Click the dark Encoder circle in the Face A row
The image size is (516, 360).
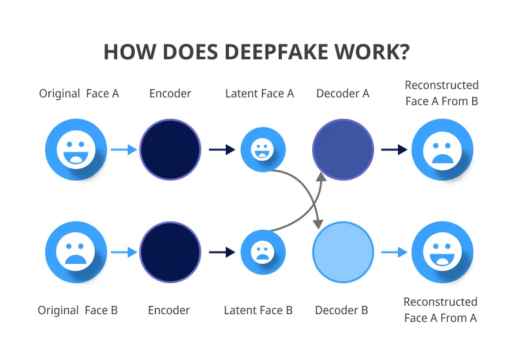pyautogui.click(x=170, y=150)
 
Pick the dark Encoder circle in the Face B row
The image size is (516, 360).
pyautogui.click(x=170, y=252)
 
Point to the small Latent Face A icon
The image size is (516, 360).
pyautogui.click(x=263, y=150)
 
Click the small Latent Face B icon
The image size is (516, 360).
pyautogui.click(x=263, y=252)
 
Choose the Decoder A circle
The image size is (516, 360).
pyautogui.click(x=343, y=150)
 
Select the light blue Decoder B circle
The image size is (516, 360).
pyautogui.click(x=343, y=252)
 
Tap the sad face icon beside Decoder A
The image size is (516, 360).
pyautogui.click(x=442, y=150)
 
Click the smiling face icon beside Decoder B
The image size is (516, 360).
pyautogui.click(x=442, y=252)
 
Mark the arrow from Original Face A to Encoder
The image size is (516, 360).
pyautogui.click(x=124, y=150)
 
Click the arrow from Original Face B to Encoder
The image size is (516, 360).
pyautogui.click(x=124, y=252)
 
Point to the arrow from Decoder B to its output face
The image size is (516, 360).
pyautogui.click(x=394, y=252)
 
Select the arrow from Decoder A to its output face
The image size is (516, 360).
pyautogui.click(x=394, y=150)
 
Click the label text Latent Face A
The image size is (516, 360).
pyautogui.click(x=259, y=94)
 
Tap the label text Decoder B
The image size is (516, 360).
pyautogui.click(x=341, y=310)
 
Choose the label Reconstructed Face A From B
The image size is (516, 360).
pyautogui.click(x=442, y=93)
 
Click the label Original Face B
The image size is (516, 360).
pyautogui.click(x=77, y=310)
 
